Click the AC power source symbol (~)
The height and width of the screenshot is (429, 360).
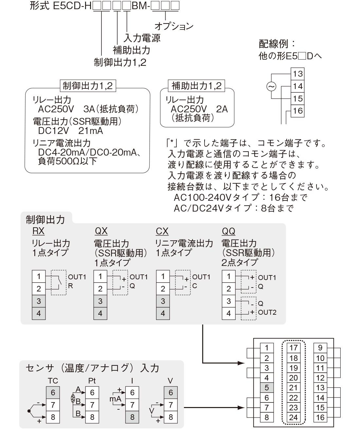pos(271,86)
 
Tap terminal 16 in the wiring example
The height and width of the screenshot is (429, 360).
pos(297,111)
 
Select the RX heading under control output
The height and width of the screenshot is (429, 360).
pos(38,231)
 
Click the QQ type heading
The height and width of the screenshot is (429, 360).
pos(228,231)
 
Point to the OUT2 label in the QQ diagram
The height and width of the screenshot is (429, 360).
pos(267,312)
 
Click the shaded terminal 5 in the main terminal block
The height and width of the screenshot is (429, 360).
pos(266,388)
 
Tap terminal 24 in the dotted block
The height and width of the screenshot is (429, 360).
pos(293,417)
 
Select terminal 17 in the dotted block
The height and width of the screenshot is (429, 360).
pos(293,348)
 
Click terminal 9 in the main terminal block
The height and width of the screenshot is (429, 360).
pos(320,348)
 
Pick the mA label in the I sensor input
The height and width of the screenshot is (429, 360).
pos(116,399)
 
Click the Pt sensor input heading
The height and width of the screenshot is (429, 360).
pos(92,381)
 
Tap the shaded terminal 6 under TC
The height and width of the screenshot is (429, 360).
pos(53,393)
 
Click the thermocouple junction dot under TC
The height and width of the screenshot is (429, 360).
pos(29,411)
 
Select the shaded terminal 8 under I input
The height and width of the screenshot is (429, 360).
pos(132,417)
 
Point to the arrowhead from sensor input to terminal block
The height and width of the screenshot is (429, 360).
pos(241,407)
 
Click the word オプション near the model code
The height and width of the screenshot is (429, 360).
pos(174,26)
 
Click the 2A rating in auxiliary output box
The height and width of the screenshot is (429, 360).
pos(222,109)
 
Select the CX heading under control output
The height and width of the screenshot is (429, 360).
pos(162,231)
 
